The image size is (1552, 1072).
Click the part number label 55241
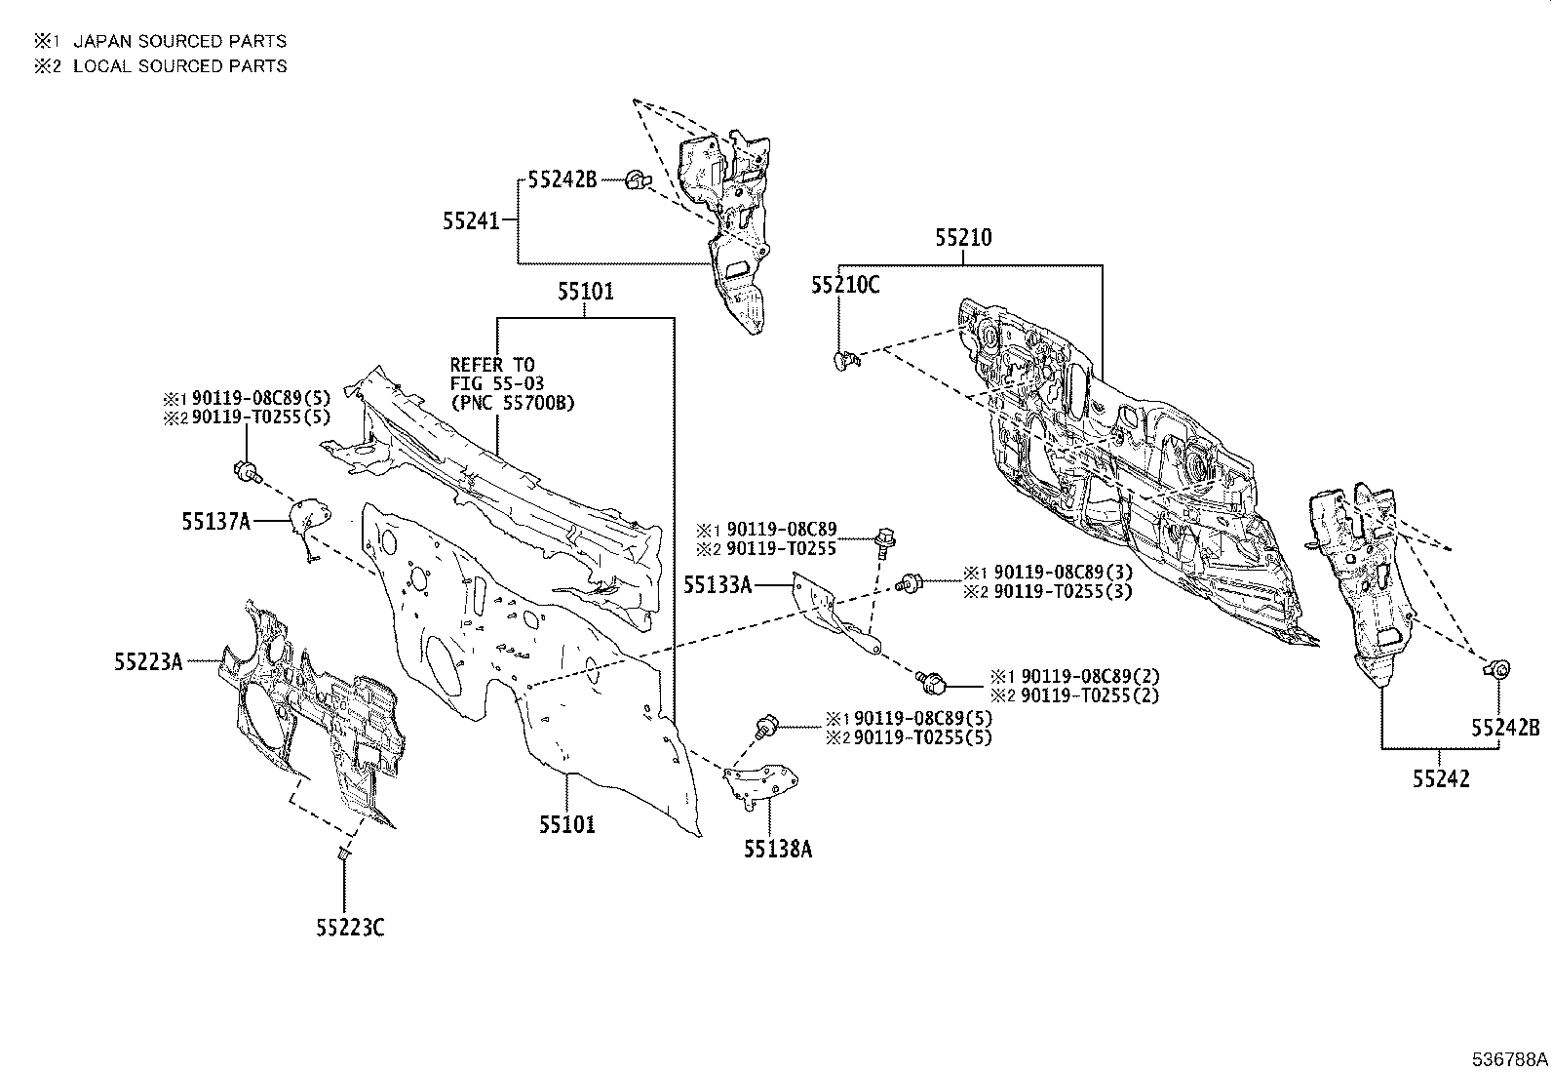click(471, 222)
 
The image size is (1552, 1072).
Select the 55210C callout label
click(844, 285)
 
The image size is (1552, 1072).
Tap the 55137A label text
click(216, 523)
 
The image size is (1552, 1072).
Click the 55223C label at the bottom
click(349, 928)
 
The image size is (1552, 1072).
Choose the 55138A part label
click(777, 850)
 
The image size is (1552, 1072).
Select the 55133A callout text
click(718, 584)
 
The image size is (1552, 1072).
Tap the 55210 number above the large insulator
click(963, 237)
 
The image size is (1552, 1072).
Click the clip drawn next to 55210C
click(844, 362)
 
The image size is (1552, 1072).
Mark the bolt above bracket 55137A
click(246, 472)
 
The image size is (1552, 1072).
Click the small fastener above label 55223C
click(343, 855)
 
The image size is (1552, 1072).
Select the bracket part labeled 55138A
click(762, 785)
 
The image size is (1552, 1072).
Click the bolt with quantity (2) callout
click(931, 681)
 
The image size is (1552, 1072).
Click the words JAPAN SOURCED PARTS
click(179, 41)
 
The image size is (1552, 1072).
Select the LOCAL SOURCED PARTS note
click(179, 66)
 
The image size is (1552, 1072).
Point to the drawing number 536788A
click(1509, 1058)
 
